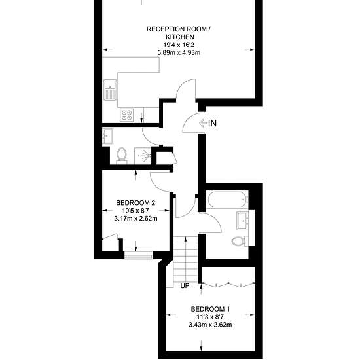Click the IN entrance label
click(212, 123)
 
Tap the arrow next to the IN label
click(203, 123)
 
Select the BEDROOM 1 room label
click(210, 309)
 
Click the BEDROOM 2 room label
click(135, 203)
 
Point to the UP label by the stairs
click(185, 286)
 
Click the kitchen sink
click(111, 90)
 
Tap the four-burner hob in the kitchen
click(127, 115)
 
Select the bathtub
click(227, 200)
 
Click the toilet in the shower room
click(122, 156)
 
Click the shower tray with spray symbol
click(143, 156)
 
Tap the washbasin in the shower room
click(107, 136)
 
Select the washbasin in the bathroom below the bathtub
click(243, 221)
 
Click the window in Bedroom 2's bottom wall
click(139, 255)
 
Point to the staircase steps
click(185, 259)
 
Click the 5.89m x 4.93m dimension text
click(179, 52)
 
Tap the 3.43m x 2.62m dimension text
click(210, 325)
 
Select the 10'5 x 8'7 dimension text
click(135, 211)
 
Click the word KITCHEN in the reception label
click(180, 37)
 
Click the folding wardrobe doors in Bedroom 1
click(228, 285)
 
